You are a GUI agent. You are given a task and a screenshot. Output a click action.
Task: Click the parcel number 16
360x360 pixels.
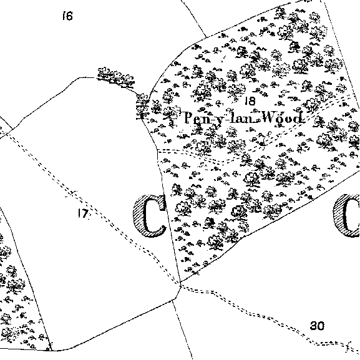point(68,16)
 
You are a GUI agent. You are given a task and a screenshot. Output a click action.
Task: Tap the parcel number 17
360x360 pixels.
point(83,213)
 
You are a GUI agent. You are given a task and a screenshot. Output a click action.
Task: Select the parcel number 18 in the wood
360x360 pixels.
point(250,101)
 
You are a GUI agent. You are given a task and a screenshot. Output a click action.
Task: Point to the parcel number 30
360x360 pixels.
point(318,326)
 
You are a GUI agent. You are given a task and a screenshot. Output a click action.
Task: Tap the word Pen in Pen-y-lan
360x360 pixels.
point(196,119)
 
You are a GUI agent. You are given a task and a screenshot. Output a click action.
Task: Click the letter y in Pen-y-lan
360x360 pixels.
point(218,121)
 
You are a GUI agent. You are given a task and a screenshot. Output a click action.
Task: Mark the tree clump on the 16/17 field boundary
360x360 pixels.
point(116,77)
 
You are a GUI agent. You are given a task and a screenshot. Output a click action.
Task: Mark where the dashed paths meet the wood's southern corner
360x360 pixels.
point(181,285)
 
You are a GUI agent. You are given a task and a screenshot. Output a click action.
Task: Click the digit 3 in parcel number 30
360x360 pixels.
point(314,326)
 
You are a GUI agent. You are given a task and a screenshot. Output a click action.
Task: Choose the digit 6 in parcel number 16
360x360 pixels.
point(70,16)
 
